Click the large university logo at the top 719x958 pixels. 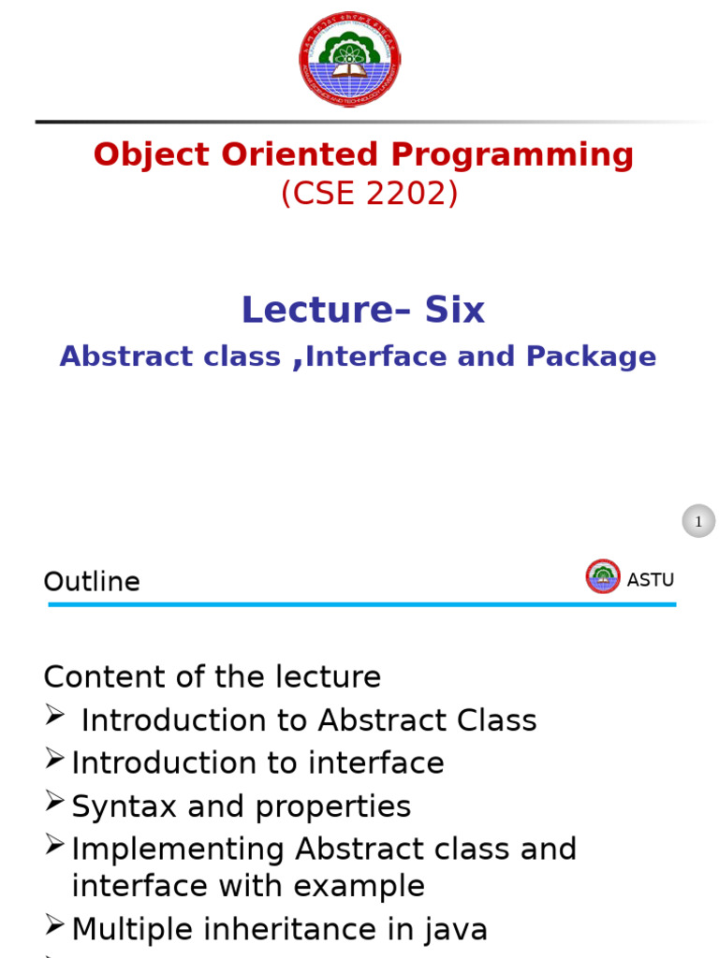(x=349, y=59)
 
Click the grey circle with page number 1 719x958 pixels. (x=698, y=521)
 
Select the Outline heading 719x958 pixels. (x=92, y=582)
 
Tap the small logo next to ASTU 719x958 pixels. (x=603, y=576)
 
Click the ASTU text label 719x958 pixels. (x=650, y=580)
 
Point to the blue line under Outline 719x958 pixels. (x=361, y=605)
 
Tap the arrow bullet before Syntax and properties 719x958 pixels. (x=54, y=802)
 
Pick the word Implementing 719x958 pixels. (x=178, y=849)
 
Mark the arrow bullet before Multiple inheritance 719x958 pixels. (x=54, y=925)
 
